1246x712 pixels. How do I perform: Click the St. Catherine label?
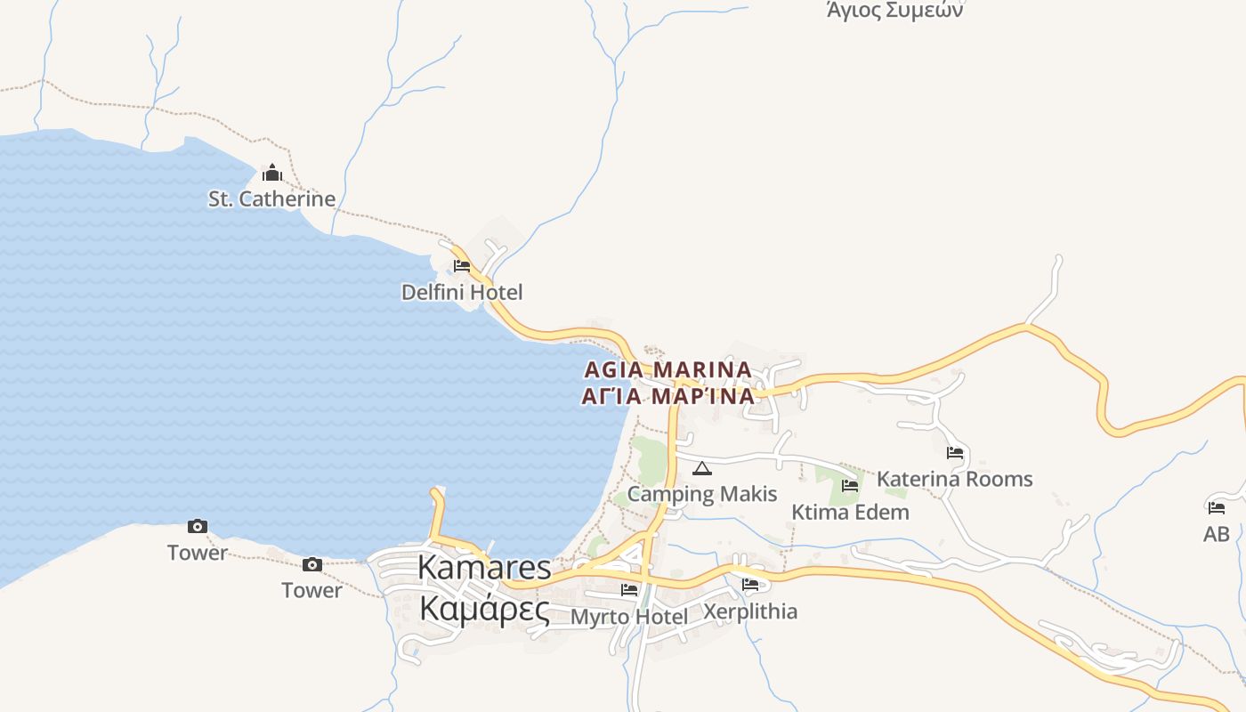271,198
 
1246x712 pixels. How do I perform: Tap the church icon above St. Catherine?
272,173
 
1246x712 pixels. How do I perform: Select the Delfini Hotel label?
462,292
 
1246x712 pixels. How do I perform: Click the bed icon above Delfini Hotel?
462,266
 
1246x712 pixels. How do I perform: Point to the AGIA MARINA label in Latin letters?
667,369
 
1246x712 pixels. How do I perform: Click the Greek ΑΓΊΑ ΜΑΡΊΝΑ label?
667,396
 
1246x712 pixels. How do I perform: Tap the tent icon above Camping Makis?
702,468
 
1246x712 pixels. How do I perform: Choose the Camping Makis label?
702,494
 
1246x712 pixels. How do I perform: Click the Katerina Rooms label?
955,479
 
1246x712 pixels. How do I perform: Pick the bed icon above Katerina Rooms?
955,453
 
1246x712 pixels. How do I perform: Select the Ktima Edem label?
850,512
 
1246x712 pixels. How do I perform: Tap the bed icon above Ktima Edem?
850,486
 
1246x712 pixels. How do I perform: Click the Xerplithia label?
750,611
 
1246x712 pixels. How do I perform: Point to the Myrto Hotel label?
629,616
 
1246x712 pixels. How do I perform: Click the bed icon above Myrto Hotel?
629,589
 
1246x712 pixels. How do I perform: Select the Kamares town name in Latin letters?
484,567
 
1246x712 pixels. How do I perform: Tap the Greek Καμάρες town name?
484,610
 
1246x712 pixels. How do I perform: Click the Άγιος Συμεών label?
894,11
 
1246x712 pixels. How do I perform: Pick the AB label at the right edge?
1217,534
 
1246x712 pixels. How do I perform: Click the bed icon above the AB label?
1217,508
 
